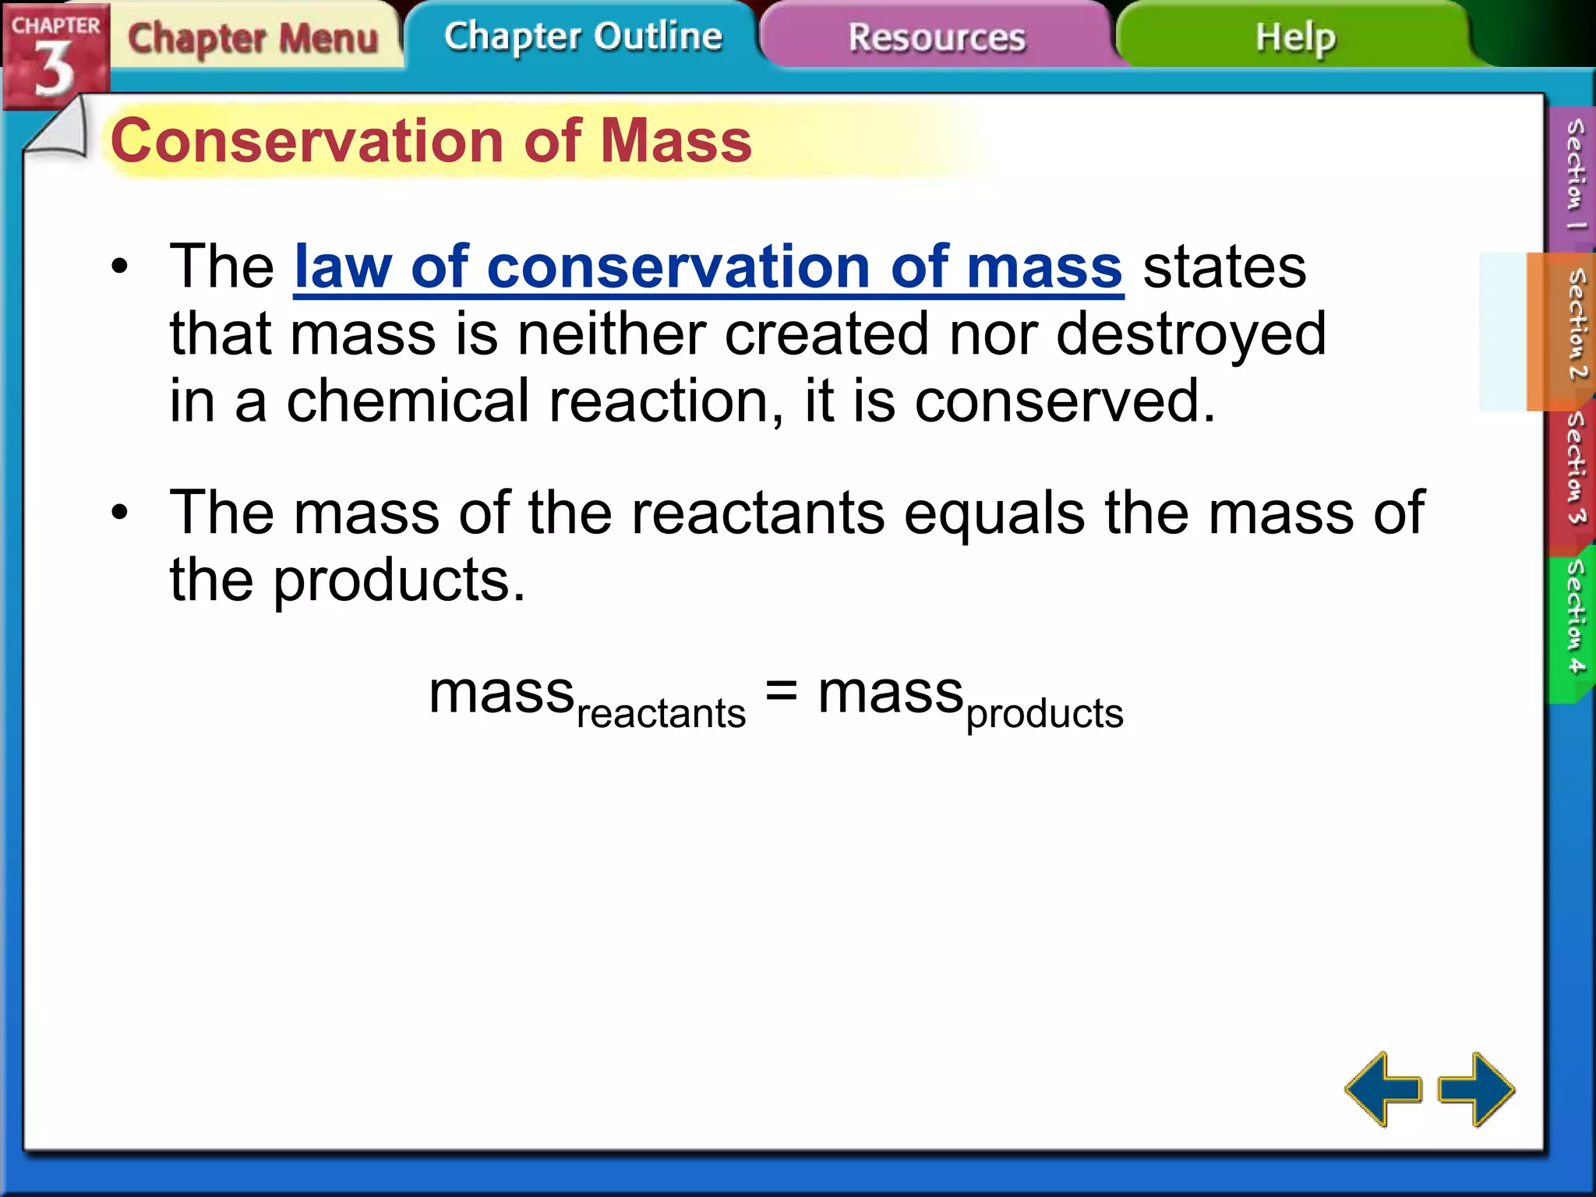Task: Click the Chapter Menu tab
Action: tap(252, 38)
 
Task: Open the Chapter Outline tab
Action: tap(583, 37)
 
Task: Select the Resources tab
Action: tap(937, 37)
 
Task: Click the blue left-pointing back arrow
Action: tap(1383, 1089)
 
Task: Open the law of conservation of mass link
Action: tap(708, 267)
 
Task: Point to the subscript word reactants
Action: tap(661, 713)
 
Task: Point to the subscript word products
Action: tap(1044, 713)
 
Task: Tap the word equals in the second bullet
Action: tap(994, 514)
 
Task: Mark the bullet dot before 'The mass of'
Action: tap(119, 513)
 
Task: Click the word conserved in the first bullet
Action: tap(1063, 402)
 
